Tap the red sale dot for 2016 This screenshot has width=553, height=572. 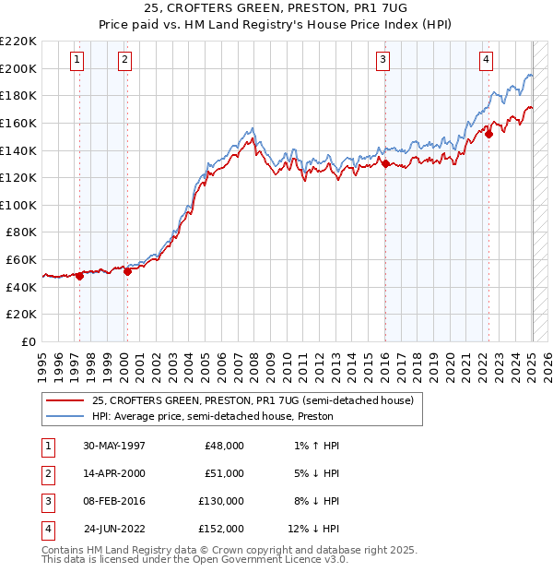[x=385, y=164]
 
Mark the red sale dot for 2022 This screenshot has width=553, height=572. [x=489, y=134]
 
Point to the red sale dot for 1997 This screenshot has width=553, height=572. [x=80, y=275]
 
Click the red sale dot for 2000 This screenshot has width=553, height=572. [x=127, y=271]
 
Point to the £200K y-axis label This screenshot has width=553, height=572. [x=18, y=68]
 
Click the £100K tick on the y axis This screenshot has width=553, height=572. [x=18, y=205]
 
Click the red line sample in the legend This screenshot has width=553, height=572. [x=65, y=400]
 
